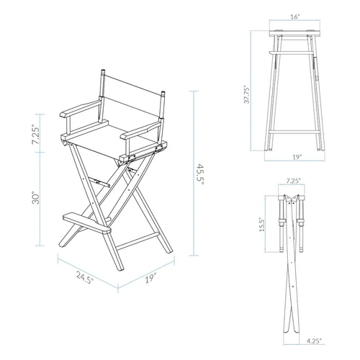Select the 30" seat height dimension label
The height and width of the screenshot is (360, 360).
tap(45, 199)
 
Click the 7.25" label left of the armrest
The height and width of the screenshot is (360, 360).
tap(45, 133)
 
